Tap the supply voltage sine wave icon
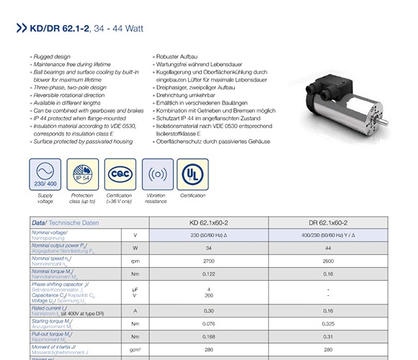tap(45, 174)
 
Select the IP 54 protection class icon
tap(82, 174)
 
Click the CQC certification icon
tap(120, 174)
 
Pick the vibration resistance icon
tap(156, 174)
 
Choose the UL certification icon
tap(192, 174)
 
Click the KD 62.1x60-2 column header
tap(208, 223)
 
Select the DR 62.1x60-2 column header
tap(327, 223)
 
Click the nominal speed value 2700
tap(208, 260)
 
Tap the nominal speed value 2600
tap(327, 260)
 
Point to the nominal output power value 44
tap(327, 248)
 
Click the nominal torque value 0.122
tap(208, 273)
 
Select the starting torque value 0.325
tap(327, 323)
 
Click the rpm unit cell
tap(135, 260)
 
